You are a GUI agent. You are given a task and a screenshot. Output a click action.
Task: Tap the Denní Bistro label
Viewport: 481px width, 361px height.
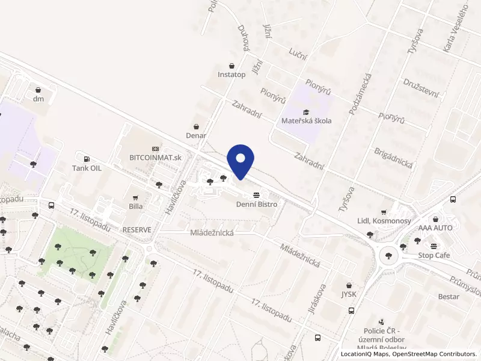point(257,205)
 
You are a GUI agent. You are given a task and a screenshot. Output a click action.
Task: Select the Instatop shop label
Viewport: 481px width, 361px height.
point(231,75)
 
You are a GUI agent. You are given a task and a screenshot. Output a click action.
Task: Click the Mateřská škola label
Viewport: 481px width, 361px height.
point(307,121)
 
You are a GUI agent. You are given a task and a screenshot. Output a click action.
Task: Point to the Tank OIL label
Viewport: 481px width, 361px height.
point(87,168)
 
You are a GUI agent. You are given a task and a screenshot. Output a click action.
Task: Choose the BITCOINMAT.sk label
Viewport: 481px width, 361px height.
point(155,157)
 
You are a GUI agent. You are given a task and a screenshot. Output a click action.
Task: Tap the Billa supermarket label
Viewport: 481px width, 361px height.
point(136,206)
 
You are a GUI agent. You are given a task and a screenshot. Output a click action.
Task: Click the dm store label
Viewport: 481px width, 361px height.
point(39,99)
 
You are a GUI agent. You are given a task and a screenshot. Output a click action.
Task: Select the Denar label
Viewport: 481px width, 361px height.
point(196,135)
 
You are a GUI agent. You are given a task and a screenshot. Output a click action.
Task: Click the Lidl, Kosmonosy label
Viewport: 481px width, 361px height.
point(384,221)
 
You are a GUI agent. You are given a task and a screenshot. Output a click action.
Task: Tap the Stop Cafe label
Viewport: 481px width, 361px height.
point(434,255)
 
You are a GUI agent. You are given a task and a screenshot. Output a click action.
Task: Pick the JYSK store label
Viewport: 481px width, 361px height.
point(349,294)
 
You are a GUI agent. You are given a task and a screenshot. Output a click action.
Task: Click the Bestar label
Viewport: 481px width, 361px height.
point(449,297)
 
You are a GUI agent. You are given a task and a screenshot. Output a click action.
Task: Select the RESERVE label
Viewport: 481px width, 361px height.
point(137,230)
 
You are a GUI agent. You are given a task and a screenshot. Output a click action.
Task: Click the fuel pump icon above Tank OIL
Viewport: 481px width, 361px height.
point(87,159)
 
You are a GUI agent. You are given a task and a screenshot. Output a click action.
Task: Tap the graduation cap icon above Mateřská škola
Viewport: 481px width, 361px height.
point(306,112)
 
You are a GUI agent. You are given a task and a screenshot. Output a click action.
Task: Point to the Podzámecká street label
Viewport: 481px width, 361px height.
point(361,93)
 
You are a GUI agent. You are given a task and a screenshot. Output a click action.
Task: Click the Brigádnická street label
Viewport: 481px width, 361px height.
point(392,160)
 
